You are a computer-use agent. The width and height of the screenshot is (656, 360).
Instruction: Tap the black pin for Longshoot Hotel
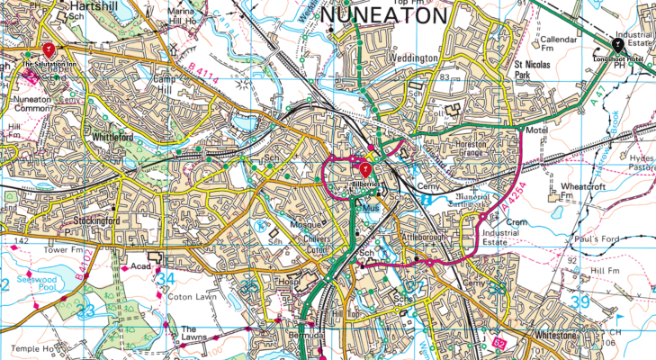coord(617,44)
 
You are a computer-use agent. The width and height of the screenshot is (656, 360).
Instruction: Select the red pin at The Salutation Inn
coord(48,49)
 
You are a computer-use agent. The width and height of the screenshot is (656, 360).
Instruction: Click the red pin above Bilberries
coord(365,169)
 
